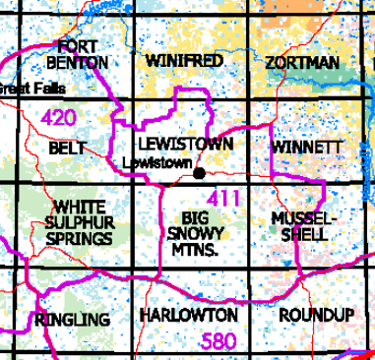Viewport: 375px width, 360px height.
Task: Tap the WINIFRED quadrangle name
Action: pos(184,61)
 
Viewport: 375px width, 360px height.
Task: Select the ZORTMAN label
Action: pos(302,63)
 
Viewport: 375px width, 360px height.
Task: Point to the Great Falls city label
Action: pos(31,89)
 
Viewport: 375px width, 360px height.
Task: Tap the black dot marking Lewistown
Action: pos(200,173)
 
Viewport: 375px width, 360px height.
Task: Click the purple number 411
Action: pos(224,200)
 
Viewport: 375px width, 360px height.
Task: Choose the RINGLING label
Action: pos(71,320)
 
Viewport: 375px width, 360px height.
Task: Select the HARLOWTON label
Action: pos(188,315)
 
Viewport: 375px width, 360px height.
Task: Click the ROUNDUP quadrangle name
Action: pos(315,315)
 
